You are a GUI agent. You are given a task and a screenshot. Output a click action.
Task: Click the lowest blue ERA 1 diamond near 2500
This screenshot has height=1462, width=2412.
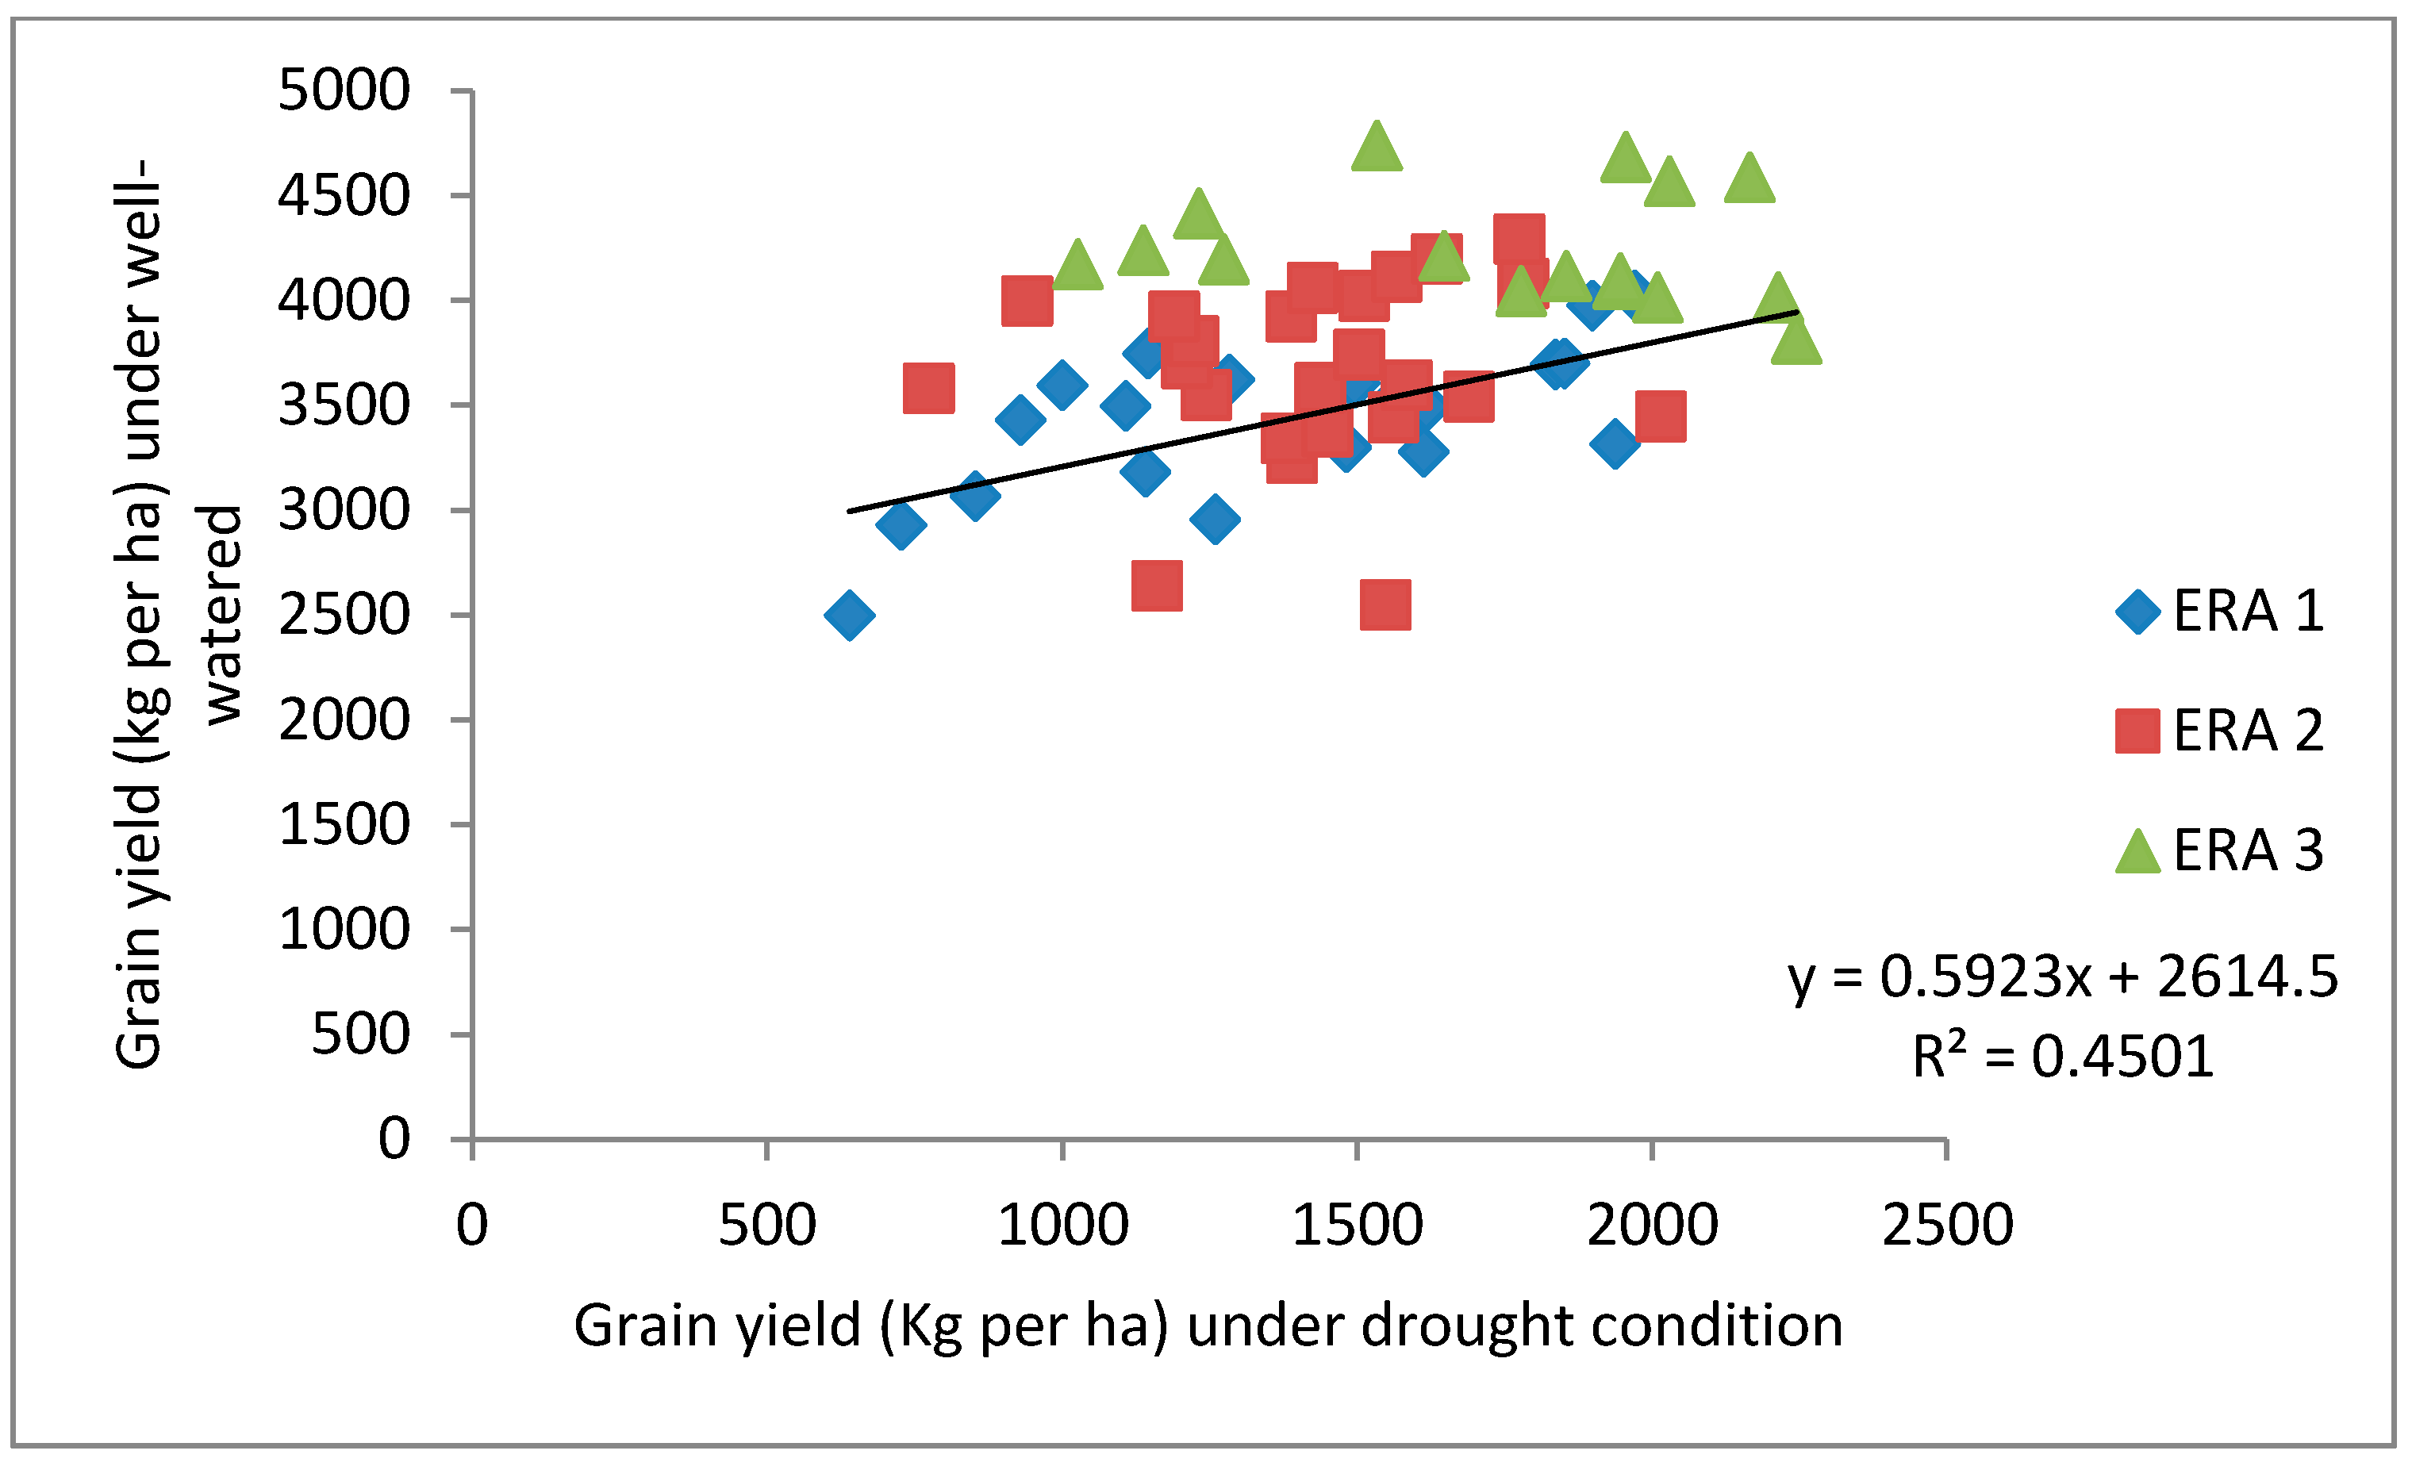point(849,615)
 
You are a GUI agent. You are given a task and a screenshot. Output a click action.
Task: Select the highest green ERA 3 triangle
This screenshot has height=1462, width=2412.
point(1377,147)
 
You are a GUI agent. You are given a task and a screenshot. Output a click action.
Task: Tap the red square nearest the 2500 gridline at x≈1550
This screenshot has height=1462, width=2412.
point(1385,604)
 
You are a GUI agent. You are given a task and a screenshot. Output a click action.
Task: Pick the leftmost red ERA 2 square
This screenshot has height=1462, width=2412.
point(928,388)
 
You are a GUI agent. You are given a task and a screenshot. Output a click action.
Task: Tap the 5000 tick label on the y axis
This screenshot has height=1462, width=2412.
point(344,91)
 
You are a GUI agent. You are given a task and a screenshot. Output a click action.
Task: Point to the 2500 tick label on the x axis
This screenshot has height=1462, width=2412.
point(1947,1224)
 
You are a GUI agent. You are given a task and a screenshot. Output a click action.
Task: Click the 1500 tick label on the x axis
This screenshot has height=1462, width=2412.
point(1357,1224)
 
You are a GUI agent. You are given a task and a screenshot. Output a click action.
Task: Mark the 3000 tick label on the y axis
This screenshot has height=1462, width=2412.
point(344,510)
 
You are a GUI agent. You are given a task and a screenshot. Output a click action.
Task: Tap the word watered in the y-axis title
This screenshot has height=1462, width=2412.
point(221,615)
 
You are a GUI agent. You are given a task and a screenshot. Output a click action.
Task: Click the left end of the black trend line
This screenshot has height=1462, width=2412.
point(850,511)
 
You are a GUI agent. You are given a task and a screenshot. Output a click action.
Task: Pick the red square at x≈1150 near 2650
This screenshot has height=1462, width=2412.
point(1156,585)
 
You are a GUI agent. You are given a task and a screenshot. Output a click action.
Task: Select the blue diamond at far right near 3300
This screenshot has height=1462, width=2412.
point(1615,443)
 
